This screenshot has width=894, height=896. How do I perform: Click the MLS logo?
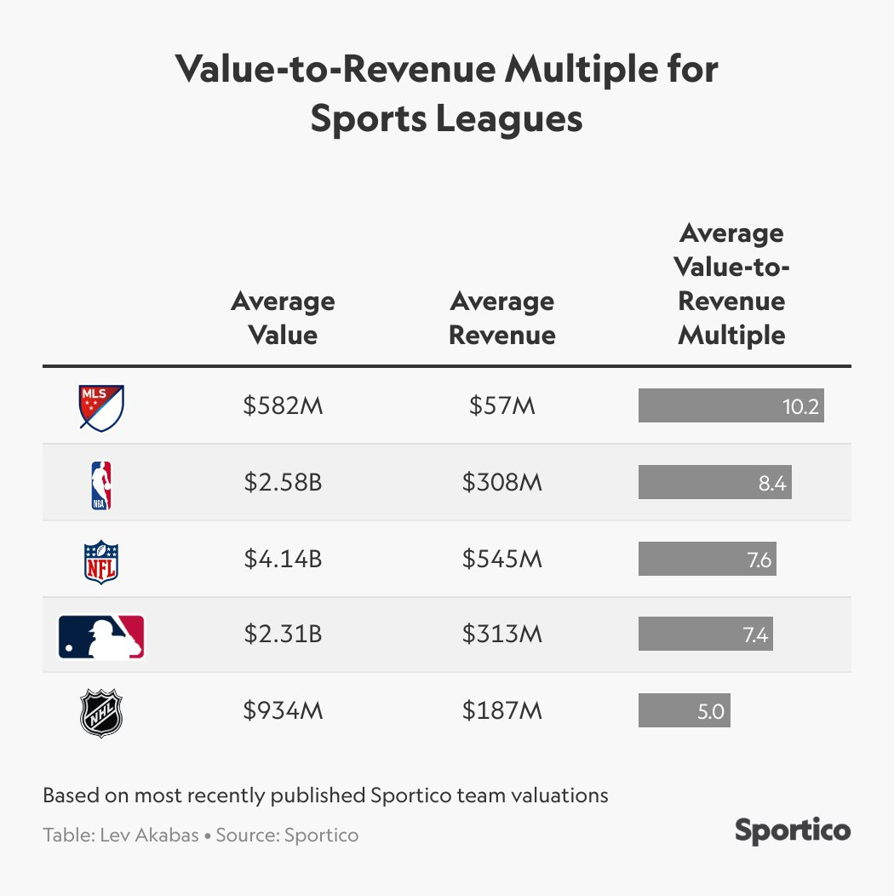[x=101, y=407]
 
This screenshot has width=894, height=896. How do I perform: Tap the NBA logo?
[x=101, y=484]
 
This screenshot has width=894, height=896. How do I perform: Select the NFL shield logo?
[x=101, y=560]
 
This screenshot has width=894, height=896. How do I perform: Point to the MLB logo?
[x=101, y=636]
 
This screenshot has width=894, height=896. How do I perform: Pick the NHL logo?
[x=101, y=713]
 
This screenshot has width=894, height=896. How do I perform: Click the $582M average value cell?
[x=283, y=406]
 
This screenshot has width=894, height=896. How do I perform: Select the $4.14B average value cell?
[x=283, y=560]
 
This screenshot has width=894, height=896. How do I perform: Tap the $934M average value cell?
[x=283, y=711]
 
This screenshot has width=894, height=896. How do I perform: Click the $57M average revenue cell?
[x=501, y=406]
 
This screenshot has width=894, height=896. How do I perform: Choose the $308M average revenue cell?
[x=501, y=483]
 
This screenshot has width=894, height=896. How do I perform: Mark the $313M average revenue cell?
[x=501, y=635]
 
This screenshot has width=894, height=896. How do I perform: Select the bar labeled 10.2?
[x=731, y=406]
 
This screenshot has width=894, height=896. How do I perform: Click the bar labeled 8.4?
[x=714, y=483]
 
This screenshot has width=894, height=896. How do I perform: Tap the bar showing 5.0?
[x=684, y=711]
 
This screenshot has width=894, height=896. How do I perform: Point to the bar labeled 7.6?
[x=707, y=560]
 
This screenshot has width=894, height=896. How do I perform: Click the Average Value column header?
[x=283, y=318]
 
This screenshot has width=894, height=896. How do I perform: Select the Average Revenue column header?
[x=501, y=318]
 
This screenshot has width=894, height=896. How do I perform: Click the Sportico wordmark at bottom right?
[x=792, y=830]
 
